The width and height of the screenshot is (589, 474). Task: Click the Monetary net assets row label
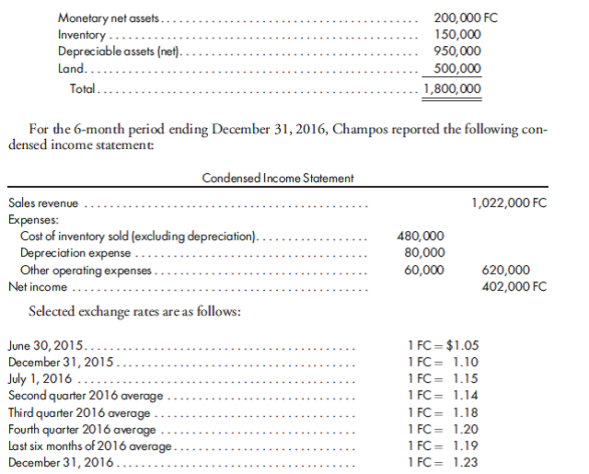point(108,18)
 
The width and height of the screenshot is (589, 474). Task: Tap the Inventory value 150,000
point(456,36)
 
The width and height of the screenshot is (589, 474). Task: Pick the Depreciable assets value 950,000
point(456,52)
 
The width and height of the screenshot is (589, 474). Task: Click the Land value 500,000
point(456,70)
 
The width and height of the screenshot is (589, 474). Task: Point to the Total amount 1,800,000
point(451,88)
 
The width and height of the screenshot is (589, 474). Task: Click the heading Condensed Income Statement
point(264,178)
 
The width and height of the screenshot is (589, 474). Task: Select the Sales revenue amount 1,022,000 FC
point(508,202)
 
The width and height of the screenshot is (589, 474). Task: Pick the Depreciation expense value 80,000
point(423,253)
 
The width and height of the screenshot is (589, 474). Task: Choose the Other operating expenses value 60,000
point(423,270)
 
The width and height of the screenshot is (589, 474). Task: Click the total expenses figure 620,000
point(505,270)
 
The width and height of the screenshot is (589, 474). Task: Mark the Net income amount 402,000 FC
point(514,286)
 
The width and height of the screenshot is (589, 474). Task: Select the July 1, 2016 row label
point(39,378)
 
